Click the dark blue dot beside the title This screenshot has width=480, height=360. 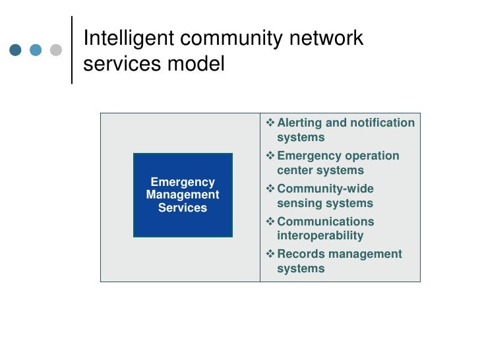click(16, 50)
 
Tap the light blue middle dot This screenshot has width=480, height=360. click(36, 50)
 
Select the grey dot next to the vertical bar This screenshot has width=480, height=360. click(56, 50)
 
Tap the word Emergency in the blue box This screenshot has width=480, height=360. click(183, 182)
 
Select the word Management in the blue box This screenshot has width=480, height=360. click(183, 195)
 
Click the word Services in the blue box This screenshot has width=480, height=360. click(183, 208)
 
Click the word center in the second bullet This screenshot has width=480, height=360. click(295, 170)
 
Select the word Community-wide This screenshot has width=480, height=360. click(325, 189)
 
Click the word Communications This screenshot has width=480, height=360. click(325, 222)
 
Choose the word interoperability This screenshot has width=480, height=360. click(320, 235)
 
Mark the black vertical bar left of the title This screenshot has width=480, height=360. click(71, 50)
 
